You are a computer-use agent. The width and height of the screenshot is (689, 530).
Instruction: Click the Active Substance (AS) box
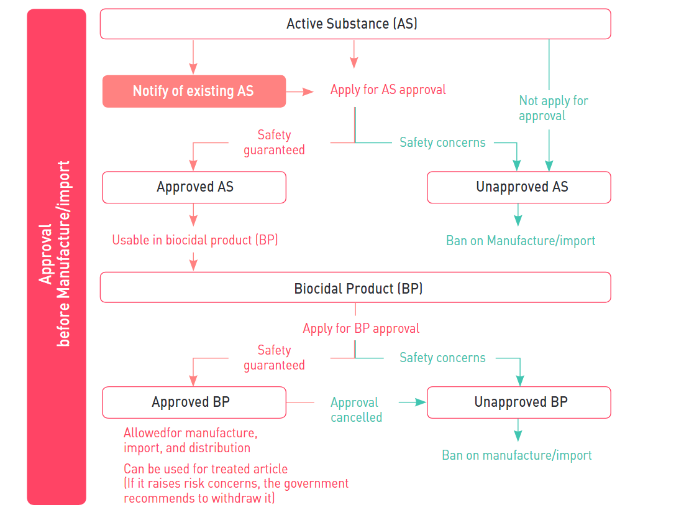(x=355, y=24)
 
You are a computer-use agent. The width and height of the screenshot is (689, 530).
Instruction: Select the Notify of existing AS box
(x=194, y=91)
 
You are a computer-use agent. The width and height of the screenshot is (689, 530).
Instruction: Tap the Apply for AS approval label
(x=388, y=90)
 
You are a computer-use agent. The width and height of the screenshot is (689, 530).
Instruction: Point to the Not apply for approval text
(x=553, y=108)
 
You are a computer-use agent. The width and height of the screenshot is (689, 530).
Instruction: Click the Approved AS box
(x=194, y=187)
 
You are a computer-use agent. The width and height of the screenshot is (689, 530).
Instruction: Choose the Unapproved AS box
(x=519, y=187)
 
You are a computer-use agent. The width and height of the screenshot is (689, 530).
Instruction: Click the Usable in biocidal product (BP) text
(x=194, y=240)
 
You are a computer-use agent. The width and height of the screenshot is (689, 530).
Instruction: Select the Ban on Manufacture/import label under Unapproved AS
(x=521, y=241)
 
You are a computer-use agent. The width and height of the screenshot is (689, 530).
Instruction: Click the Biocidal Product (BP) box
(x=355, y=289)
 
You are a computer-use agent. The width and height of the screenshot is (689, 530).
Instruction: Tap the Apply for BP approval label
(x=361, y=328)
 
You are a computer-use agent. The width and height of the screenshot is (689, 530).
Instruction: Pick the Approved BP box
(x=194, y=402)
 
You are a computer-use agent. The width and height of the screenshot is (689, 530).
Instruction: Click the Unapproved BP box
(x=519, y=402)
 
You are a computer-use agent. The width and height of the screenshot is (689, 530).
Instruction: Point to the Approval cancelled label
(x=356, y=410)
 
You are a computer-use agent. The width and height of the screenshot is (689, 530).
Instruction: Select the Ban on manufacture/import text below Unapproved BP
(x=516, y=455)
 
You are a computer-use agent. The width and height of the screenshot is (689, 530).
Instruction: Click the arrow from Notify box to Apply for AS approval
(x=300, y=91)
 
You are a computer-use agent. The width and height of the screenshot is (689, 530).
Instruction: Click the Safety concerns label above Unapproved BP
(x=442, y=358)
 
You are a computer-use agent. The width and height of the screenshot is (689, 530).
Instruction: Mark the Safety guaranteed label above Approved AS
(x=274, y=142)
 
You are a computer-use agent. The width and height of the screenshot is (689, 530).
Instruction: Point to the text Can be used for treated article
(x=206, y=469)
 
